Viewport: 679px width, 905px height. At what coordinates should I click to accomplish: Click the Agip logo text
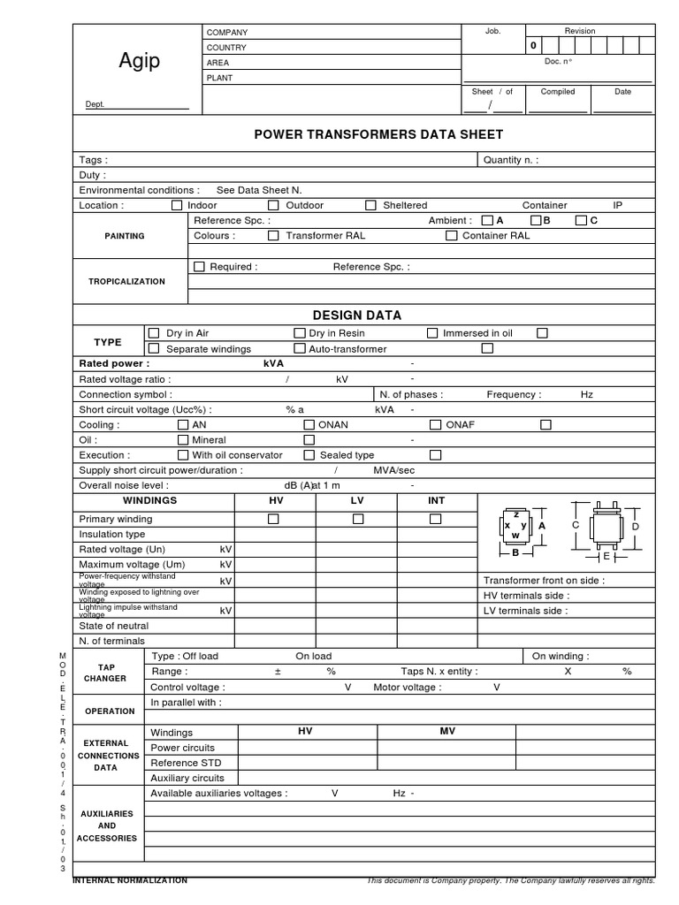(x=139, y=61)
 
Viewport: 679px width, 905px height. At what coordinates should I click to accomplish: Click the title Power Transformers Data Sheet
(x=378, y=134)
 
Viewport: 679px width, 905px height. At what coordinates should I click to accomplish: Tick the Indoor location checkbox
(x=177, y=205)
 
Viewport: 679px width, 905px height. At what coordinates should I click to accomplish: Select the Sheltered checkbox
(x=370, y=205)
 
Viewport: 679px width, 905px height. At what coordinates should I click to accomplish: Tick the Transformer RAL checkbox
(x=273, y=236)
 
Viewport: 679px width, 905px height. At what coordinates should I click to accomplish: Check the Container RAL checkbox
(x=452, y=236)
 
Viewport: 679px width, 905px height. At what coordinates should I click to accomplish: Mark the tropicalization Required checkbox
(x=199, y=266)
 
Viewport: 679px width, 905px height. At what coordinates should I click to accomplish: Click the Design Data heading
(x=357, y=315)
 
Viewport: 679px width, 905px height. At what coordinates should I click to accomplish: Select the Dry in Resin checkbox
(x=299, y=333)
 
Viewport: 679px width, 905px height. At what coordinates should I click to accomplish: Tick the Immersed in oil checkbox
(x=432, y=333)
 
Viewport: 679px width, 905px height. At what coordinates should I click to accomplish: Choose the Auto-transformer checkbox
(x=299, y=349)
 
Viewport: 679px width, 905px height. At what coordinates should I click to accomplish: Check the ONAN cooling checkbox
(x=309, y=424)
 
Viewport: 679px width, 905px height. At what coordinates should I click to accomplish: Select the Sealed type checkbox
(x=309, y=455)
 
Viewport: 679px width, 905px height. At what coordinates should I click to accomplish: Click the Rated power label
(x=114, y=363)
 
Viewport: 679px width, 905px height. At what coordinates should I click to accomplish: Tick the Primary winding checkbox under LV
(x=358, y=519)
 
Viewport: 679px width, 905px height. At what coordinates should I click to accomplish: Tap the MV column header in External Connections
(x=447, y=732)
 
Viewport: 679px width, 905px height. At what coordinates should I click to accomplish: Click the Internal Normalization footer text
(x=130, y=880)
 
